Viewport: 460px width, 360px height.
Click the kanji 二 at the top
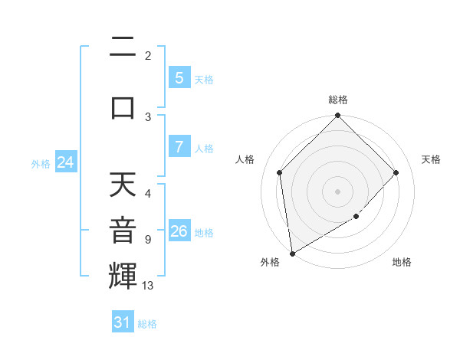(x=123, y=47)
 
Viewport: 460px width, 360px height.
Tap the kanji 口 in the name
(x=123, y=106)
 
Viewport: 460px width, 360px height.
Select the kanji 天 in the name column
(x=123, y=185)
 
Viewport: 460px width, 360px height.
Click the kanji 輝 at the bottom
(x=123, y=275)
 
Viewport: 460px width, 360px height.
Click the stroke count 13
(x=148, y=286)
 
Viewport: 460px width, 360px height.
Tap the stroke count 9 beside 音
(x=147, y=239)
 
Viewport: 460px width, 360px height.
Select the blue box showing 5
(x=179, y=78)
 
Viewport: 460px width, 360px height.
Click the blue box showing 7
(x=179, y=147)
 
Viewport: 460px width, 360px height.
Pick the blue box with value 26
(x=179, y=231)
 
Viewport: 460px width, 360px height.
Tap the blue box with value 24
(x=66, y=162)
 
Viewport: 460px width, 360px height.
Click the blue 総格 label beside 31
(x=147, y=324)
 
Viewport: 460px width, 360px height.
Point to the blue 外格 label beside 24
(x=41, y=163)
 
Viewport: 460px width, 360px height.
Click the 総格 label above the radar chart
(x=337, y=100)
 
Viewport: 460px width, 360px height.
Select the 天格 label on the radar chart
(x=432, y=159)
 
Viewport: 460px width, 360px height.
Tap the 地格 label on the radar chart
(x=402, y=262)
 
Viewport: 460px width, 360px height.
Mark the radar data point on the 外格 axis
(x=291, y=254)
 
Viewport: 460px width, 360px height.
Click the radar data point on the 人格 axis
(x=280, y=172)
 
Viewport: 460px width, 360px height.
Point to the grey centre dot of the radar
(x=337, y=191)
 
